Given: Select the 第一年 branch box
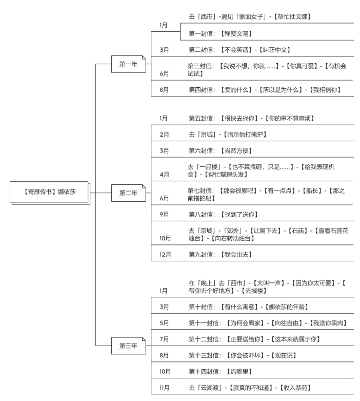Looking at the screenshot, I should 128,64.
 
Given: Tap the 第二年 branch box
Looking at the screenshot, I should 128,193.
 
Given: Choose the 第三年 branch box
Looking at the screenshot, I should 128,346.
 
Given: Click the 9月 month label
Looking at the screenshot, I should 164,214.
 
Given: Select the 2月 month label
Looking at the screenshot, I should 164,134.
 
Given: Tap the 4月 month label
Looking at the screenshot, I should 164,174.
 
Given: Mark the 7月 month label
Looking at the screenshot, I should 164,339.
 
